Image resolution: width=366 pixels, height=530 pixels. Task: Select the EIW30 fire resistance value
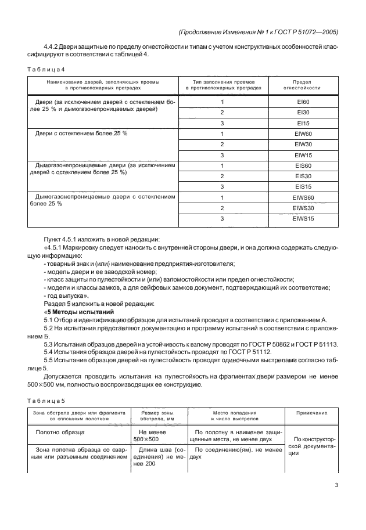[x=302, y=144]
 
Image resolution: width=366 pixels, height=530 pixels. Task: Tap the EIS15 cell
[x=302, y=187]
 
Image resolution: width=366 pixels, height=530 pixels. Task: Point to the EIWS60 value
[x=302, y=197]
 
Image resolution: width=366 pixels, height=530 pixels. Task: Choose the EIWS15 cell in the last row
[x=302, y=218]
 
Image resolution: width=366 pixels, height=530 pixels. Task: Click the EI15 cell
[x=302, y=124]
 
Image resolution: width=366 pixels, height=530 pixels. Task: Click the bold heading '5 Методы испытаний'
[x=77, y=311]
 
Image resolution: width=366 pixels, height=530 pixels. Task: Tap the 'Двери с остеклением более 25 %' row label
[x=81, y=134]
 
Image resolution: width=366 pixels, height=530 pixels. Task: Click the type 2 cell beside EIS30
[x=221, y=176]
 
